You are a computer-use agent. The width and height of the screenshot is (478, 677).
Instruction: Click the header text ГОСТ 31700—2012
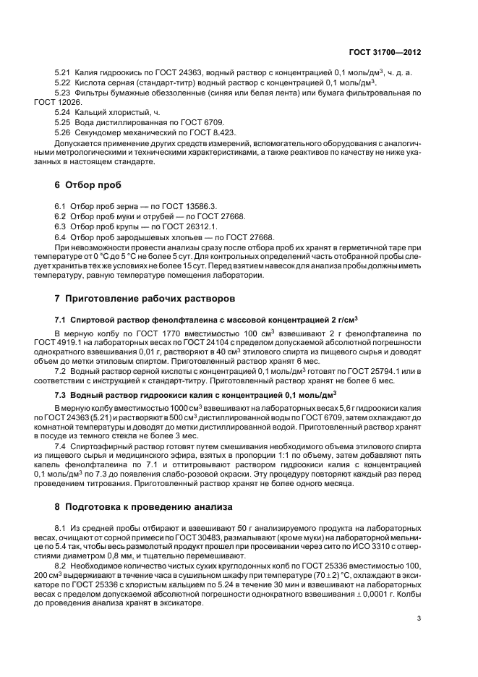[x=396, y=53]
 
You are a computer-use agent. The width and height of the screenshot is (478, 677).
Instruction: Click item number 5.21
[x=63, y=74]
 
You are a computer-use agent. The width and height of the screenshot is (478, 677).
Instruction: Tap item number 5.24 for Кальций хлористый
[x=63, y=112]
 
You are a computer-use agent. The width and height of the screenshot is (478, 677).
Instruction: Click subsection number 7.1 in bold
[x=61, y=319]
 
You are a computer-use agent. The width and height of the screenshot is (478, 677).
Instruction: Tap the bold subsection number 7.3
[x=61, y=395]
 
